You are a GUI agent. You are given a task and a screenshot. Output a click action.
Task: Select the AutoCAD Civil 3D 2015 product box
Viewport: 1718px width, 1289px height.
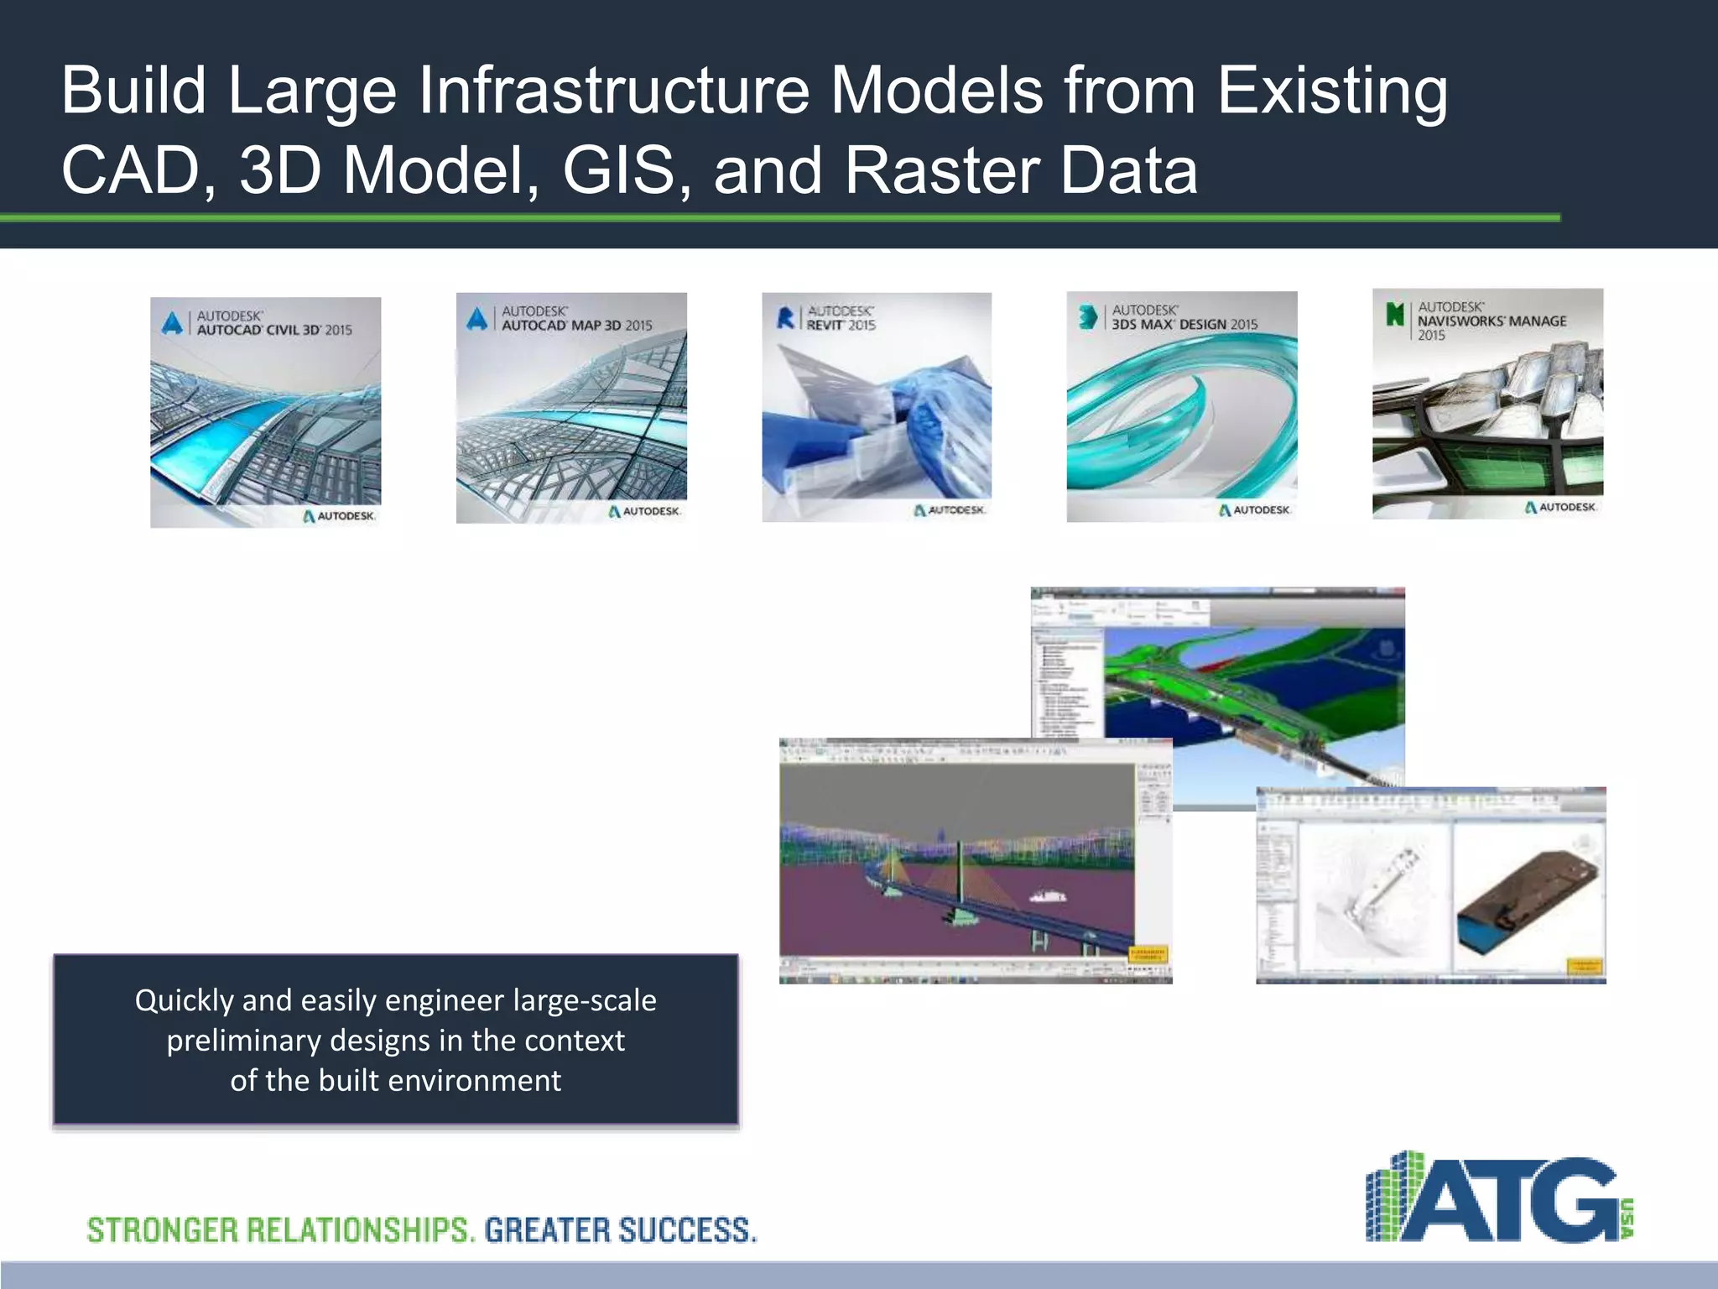265,412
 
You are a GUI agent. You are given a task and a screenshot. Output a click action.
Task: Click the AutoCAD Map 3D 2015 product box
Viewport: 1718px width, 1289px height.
571,408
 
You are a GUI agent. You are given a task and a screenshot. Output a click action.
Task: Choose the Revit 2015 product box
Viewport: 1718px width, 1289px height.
877,407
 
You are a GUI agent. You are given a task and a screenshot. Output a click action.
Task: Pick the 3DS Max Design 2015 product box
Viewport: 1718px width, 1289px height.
1182,406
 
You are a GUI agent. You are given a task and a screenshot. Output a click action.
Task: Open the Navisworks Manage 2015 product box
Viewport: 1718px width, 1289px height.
1487,404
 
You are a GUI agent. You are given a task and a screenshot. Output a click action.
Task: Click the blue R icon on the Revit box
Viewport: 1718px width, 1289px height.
785,318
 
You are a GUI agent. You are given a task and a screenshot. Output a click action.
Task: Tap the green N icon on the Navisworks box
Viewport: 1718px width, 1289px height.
1395,314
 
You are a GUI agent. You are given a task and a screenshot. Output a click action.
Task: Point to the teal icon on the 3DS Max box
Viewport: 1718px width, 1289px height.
1088,317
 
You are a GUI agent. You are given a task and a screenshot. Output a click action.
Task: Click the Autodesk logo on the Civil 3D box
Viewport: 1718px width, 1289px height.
339,516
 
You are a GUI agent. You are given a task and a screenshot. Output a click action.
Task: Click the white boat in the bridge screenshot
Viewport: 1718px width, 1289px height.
1048,896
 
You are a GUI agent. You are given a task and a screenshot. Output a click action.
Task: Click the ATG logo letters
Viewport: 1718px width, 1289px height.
1518,1200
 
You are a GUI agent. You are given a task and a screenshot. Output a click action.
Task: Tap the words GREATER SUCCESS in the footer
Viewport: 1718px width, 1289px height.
620,1230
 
